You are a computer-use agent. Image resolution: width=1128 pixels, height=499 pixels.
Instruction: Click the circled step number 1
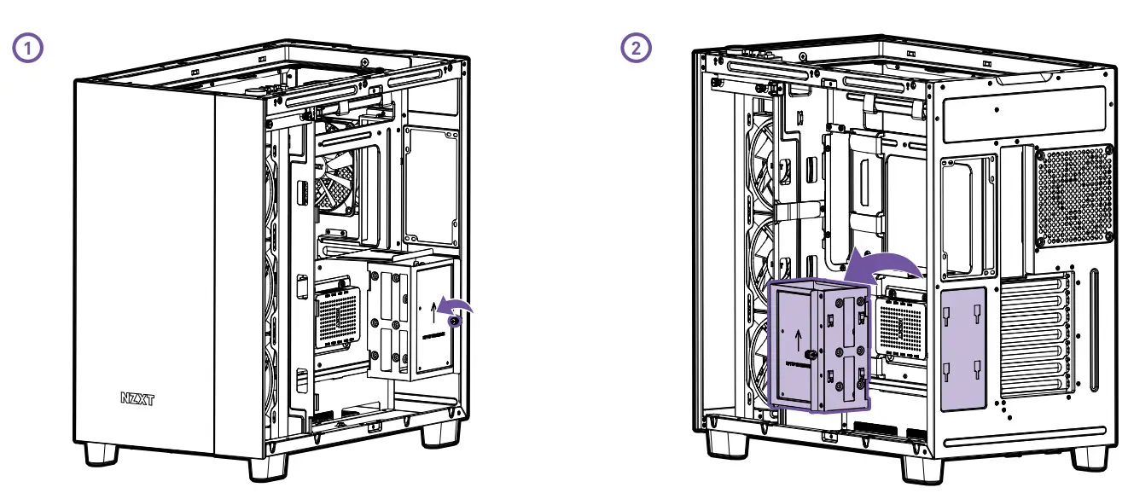click(28, 48)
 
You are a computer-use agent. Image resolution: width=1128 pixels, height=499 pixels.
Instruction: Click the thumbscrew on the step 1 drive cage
click(455, 321)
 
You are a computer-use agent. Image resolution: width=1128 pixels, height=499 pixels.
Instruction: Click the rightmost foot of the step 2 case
click(1086, 454)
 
